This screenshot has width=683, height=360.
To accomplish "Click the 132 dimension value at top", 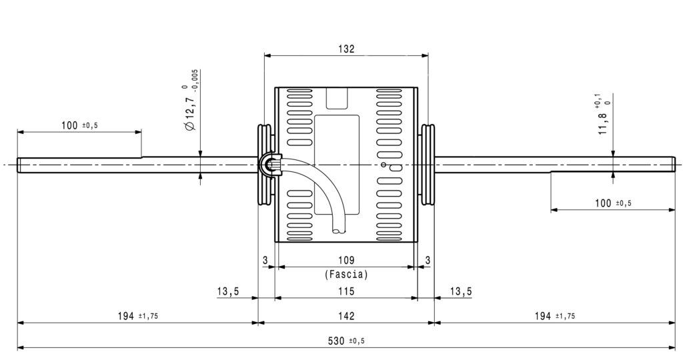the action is click(346, 49).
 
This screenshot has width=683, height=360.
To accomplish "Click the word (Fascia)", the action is click(346, 275).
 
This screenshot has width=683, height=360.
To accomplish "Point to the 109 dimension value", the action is click(346, 260).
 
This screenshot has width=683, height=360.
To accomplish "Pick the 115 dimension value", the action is click(346, 291).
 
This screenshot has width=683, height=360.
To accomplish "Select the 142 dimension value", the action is click(346, 316).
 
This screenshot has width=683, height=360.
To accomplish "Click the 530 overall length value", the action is click(336, 341).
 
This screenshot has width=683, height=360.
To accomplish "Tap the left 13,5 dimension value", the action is click(228, 291).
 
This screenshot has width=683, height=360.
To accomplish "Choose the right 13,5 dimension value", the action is click(461, 291).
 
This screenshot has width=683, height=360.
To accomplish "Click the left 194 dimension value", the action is click(126, 316).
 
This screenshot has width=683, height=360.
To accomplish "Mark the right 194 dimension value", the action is click(543, 316).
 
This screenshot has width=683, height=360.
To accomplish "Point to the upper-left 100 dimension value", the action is click(69, 125).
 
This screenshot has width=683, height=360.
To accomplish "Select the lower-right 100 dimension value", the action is click(603, 203).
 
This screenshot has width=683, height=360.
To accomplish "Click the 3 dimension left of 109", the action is click(265, 260).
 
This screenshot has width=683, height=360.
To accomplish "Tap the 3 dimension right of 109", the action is click(428, 260).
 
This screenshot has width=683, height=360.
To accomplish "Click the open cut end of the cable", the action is click(339, 230).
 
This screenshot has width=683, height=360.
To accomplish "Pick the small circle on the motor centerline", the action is click(384, 165).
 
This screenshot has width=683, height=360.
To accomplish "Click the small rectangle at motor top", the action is click(337, 98).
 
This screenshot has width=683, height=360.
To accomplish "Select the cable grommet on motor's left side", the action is click(269, 165).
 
